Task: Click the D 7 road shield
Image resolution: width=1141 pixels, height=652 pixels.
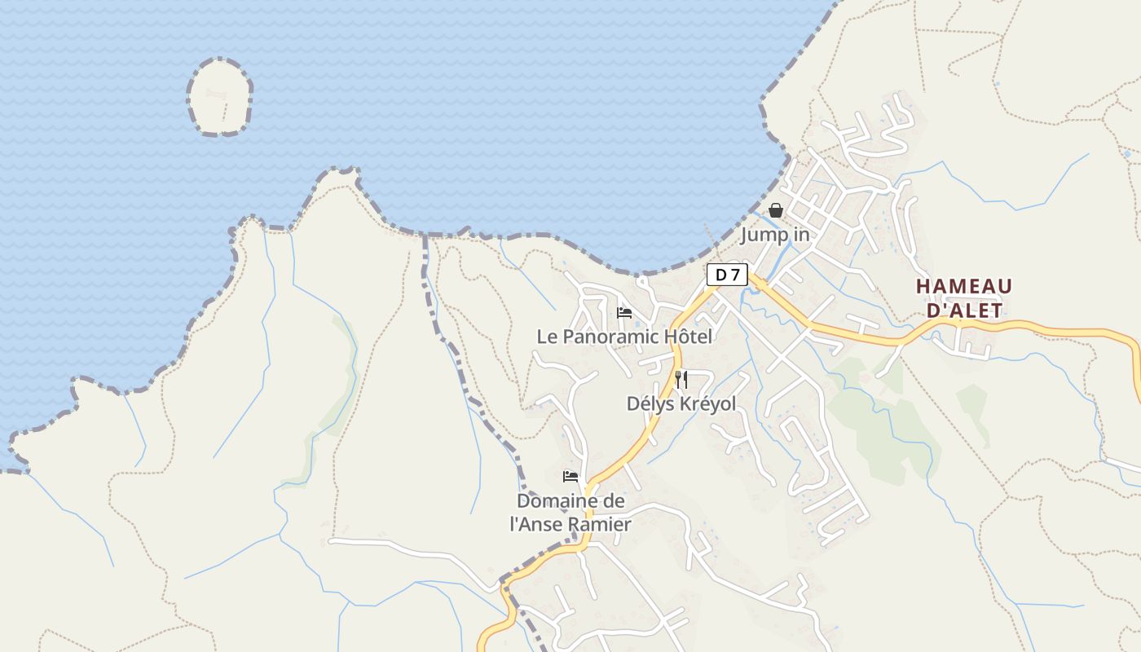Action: pos(726,275)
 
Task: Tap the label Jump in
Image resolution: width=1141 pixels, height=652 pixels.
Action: pos(775,235)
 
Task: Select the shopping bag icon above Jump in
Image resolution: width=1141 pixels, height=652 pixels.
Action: pos(776,210)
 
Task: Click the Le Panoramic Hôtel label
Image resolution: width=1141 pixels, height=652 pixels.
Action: pos(624,336)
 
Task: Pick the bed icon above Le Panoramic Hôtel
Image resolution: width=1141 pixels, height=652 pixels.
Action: pos(624,312)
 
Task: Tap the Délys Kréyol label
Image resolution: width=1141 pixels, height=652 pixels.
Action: pos(681,403)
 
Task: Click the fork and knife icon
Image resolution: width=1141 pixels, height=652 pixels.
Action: pos(681,379)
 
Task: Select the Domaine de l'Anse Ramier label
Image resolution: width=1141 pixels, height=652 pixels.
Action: pos(570,513)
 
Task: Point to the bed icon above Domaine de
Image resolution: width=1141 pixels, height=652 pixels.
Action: pos(570,476)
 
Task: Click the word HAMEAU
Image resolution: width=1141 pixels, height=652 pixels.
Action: pos(964,287)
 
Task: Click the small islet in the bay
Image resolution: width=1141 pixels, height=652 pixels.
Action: pos(219,96)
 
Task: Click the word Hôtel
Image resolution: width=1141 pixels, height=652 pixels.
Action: pos(688,336)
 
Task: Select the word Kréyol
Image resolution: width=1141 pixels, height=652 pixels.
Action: pos(706,403)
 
